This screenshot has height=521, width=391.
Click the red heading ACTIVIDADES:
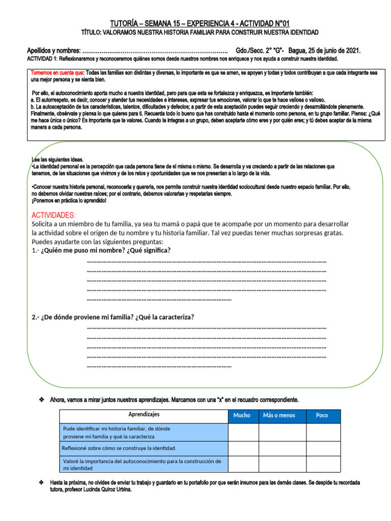53,215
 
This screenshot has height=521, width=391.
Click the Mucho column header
242,416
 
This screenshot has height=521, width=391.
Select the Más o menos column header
279,416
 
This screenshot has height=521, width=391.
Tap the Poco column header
322,416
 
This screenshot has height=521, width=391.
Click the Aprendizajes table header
144,415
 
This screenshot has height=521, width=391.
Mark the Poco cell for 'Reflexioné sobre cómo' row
323,448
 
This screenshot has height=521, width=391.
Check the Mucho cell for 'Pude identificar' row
243,432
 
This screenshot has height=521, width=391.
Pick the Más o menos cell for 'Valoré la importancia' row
282,464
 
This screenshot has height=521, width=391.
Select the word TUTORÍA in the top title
124,23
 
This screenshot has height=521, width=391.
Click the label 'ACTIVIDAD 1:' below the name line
43,59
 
